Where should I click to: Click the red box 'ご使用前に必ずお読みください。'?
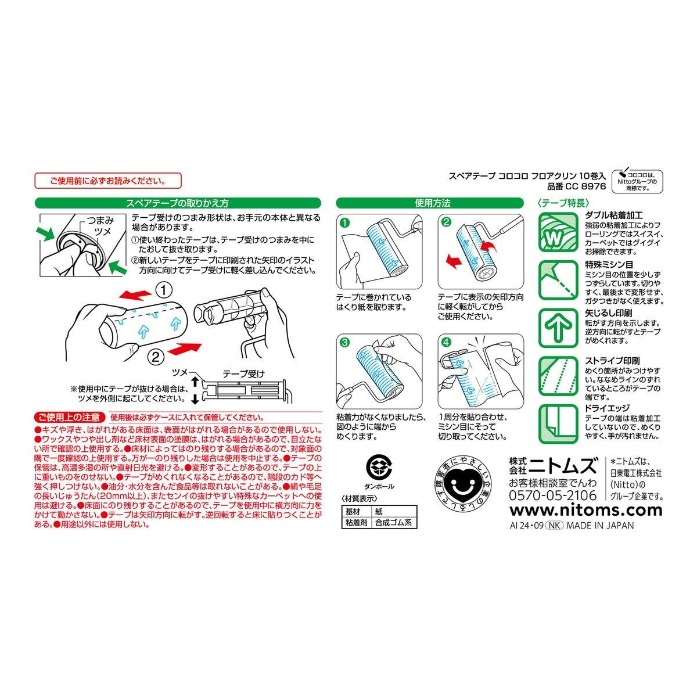108,181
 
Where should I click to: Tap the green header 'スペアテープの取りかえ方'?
178,203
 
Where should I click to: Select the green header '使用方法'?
430,203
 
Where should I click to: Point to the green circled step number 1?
345,223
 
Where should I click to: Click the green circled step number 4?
447,342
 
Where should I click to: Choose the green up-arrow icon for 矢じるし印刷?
558,328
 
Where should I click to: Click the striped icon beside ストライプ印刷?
558,376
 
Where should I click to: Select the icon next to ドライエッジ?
558,424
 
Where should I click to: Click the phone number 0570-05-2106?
553,495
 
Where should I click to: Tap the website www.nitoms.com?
586,511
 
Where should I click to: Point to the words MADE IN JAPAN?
600,526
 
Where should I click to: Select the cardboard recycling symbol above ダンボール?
379,466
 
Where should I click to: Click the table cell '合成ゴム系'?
394,522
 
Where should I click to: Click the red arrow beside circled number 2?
185,348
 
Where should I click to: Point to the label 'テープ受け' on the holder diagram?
243,373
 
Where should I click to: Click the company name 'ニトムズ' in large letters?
562,465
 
